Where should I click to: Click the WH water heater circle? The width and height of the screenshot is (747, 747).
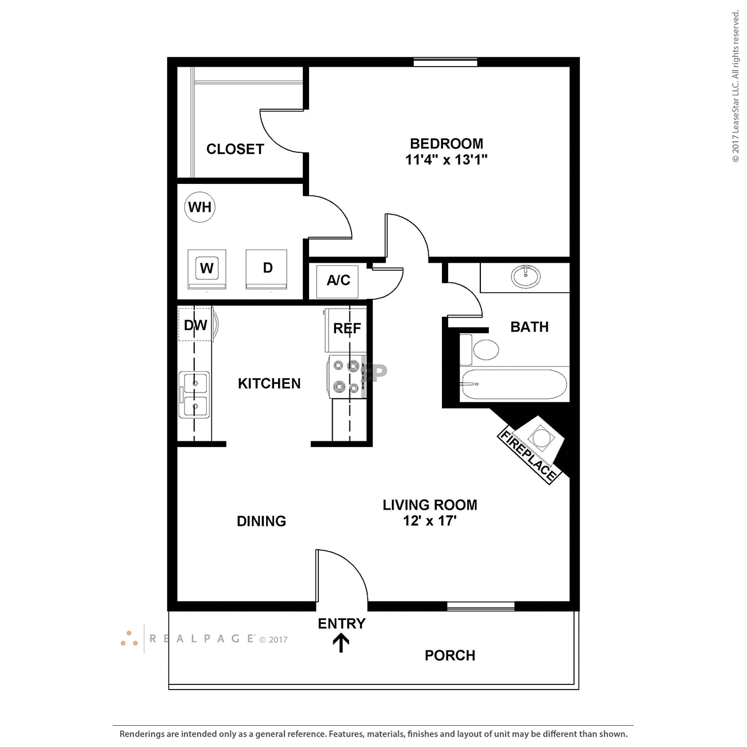[x=200, y=207]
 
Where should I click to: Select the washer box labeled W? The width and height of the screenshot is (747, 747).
[x=207, y=268]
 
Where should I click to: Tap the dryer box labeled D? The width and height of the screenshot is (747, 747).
[x=267, y=268]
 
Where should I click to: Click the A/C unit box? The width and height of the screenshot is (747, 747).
[x=338, y=280]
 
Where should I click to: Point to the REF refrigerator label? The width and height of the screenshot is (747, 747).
[x=347, y=329]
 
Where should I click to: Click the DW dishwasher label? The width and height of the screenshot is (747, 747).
[x=195, y=325]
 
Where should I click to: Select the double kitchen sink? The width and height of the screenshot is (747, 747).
[x=194, y=395]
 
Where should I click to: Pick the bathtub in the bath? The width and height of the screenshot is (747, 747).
[x=514, y=384]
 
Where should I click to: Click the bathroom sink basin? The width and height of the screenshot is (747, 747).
[x=526, y=276]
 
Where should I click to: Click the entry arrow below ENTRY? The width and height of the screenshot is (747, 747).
[x=341, y=643]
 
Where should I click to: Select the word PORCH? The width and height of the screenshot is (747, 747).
[x=450, y=656]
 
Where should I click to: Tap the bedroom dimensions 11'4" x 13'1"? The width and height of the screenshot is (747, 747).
[x=446, y=160]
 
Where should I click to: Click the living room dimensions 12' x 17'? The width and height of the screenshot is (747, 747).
[x=430, y=521]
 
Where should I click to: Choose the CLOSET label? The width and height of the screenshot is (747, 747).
[x=235, y=149]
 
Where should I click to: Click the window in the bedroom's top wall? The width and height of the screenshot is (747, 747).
[x=445, y=62]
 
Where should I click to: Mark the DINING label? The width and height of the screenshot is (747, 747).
[x=261, y=521]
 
